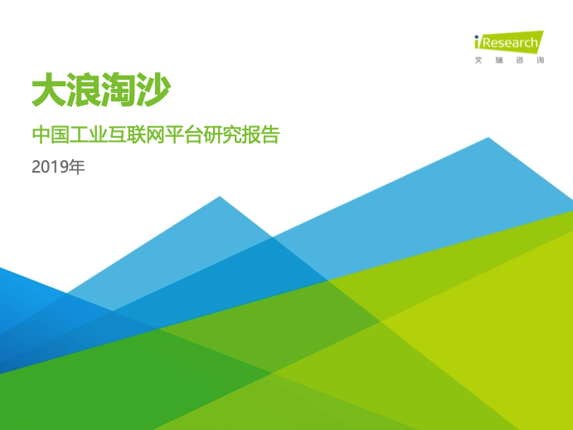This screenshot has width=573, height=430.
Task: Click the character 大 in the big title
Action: [49, 90]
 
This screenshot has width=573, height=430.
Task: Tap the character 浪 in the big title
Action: [84, 90]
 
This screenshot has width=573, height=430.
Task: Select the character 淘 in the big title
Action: [119, 90]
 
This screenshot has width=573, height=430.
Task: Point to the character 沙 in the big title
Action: [153, 90]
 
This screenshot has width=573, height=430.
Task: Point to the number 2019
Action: [50, 167]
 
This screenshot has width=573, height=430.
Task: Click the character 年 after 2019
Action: [77, 167]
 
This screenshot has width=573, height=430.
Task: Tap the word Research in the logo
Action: [510, 43]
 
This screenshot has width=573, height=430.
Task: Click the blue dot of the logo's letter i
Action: [477, 37]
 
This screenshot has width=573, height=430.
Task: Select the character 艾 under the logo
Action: [478, 60]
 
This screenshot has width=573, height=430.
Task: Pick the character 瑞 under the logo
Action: [499, 60]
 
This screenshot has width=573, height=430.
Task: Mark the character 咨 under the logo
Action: [520, 60]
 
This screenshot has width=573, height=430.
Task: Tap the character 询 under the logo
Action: [541, 60]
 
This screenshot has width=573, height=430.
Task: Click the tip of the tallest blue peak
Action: [488, 138]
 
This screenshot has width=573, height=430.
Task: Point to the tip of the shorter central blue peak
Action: [220, 197]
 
